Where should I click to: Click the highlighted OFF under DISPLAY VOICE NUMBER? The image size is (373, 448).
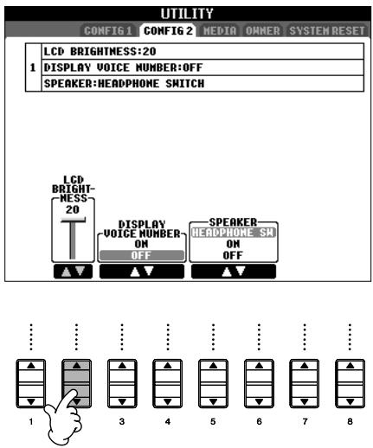click(x=139, y=255)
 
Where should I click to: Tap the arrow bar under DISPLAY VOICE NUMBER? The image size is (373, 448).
click(x=139, y=272)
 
